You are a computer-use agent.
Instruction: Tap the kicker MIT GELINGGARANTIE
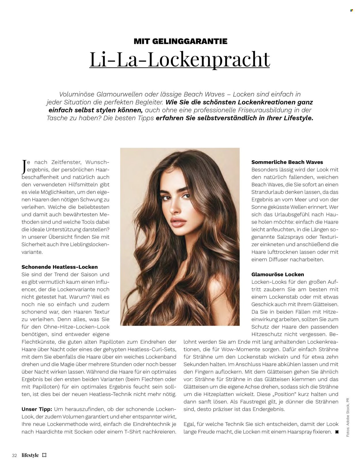click(x=181, y=41)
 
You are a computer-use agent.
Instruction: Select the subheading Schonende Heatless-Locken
click(x=60, y=267)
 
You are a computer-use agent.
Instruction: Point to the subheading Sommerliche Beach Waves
click(x=287, y=162)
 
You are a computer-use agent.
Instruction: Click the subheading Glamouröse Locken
click(x=278, y=275)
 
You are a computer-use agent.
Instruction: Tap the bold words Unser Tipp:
click(x=37, y=409)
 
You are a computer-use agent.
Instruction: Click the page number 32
click(x=14, y=455)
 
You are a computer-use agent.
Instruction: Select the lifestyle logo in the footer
click(x=34, y=455)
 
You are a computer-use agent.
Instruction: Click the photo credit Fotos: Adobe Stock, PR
click(x=348, y=418)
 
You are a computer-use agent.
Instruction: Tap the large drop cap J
click(x=24, y=167)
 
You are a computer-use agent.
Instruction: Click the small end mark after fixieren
click(x=337, y=432)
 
